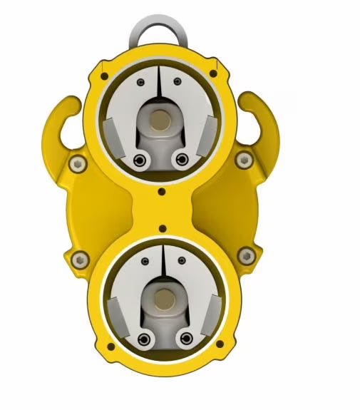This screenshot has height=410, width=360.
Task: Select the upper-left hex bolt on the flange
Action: point(77,165)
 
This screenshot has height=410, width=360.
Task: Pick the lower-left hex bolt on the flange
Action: point(79,257)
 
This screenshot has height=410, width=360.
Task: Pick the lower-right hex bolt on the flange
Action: point(248,255)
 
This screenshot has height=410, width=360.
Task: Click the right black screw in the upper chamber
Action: point(183,158)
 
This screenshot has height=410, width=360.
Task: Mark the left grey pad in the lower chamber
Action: point(117,314)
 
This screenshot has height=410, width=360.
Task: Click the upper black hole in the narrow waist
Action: point(163,191)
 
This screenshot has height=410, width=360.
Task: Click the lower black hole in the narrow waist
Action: point(163,229)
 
